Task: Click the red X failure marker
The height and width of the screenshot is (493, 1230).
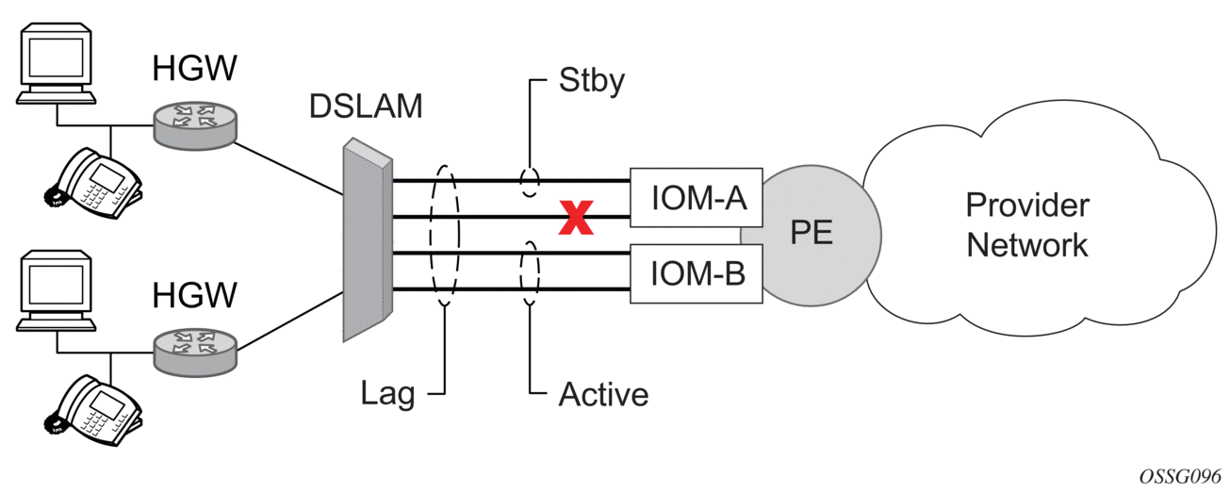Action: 576,219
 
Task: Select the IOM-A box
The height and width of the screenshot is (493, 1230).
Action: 697,199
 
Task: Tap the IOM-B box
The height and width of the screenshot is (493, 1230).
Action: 697,274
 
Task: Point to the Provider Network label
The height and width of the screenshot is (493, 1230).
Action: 1026,225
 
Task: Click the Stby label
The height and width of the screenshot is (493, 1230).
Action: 592,82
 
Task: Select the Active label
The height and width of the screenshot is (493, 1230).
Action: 603,394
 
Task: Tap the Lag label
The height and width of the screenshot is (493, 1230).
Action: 388,394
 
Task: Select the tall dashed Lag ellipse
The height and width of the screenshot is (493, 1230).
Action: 443,235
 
